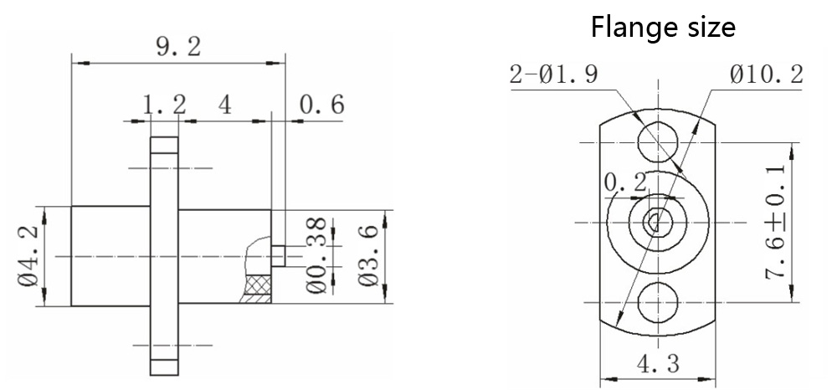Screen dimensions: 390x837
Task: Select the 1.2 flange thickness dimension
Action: click(163, 105)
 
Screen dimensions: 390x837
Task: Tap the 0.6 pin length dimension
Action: click(321, 105)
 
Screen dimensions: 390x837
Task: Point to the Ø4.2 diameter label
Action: click(28, 255)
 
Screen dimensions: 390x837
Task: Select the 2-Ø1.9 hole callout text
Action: click(554, 76)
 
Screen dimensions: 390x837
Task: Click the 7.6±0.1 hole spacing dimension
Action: click(776, 221)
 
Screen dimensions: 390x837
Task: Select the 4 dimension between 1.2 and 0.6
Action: click(224, 105)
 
